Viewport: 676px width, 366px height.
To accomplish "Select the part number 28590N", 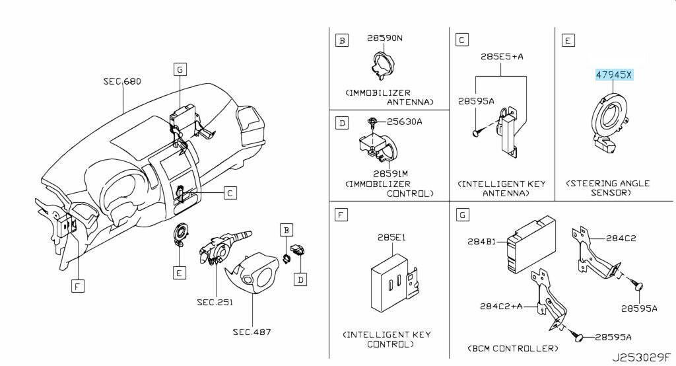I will click(x=384, y=39).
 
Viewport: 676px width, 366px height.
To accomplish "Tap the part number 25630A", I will click(x=404, y=122).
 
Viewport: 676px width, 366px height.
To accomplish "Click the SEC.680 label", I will click(x=122, y=82).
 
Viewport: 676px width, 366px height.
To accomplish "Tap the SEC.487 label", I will click(x=252, y=332).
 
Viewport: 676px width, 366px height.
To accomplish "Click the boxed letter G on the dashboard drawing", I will click(x=180, y=68).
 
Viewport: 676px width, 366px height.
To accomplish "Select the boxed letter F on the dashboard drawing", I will click(x=78, y=285).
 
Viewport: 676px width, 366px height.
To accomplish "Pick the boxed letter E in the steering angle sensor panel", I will click(x=567, y=41).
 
